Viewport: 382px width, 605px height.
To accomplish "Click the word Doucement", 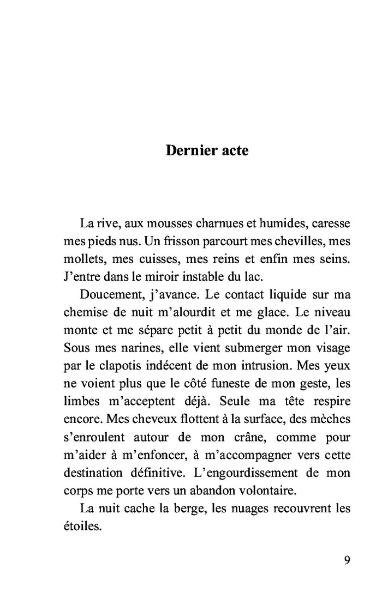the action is (110, 295).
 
